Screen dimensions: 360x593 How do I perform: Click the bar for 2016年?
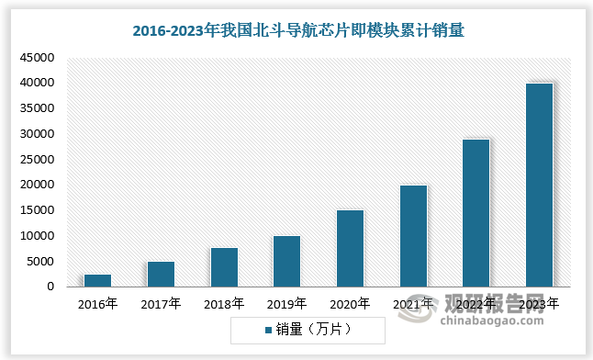pyautogui.click(x=98, y=280)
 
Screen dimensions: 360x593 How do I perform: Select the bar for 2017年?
pyautogui.click(x=161, y=274)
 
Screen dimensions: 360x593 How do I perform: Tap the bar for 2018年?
pyautogui.click(x=224, y=267)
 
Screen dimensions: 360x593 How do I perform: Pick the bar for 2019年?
pyautogui.click(x=286, y=261)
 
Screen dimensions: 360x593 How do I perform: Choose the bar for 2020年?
pyautogui.click(x=350, y=248)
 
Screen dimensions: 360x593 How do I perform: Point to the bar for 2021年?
pyautogui.click(x=413, y=236)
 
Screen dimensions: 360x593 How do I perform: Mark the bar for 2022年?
pyautogui.click(x=476, y=213)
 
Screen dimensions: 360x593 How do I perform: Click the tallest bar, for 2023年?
pyautogui.click(x=539, y=185)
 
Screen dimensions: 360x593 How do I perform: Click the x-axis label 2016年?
pyautogui.click(x=98, y=302)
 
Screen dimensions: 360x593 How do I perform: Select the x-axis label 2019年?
pyautogui.click(x=286, y=302)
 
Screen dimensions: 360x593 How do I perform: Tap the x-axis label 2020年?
pyautogui.click(x=350, y=302)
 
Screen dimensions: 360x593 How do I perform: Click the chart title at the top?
pyautogui.click(x=296, y=30)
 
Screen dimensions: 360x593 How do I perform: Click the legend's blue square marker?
pyautogui.click(x=269, y=328)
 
